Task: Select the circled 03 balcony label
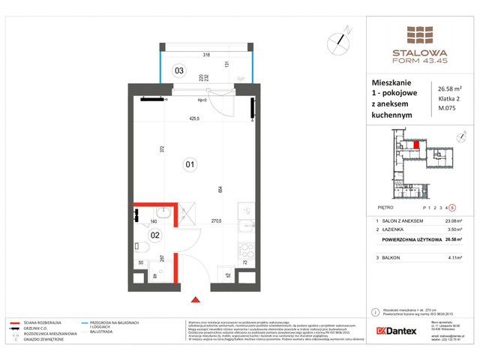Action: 178,71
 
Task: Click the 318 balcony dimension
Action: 205,55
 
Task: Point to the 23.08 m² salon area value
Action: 451,220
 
